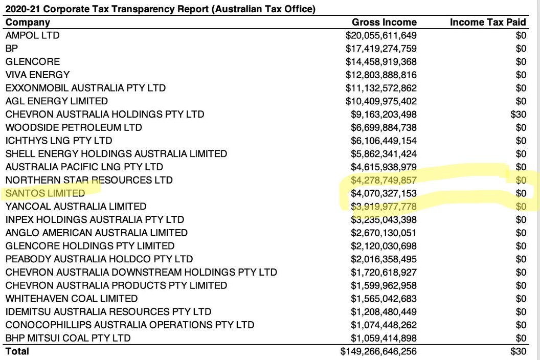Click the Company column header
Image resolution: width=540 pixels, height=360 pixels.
coord(28,22)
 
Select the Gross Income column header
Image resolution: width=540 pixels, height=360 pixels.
coord(384,22)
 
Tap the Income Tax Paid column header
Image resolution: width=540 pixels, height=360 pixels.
coord(488,22)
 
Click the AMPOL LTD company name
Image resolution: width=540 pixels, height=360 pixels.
coord(32,35)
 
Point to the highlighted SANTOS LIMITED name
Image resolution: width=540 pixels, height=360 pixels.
coord(46,193)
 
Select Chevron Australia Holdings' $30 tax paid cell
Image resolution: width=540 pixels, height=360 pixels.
coord(518,114)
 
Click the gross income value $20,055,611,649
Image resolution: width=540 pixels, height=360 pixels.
coord(381,35)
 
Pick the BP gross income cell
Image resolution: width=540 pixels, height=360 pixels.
coord(381,49)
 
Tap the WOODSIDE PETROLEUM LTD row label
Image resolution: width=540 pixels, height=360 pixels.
coord(74,127)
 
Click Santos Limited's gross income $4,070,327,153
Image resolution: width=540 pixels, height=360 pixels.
coord(384,193)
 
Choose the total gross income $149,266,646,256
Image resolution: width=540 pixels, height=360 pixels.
coord(378,351)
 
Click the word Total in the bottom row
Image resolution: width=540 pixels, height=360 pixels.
coord(17,351)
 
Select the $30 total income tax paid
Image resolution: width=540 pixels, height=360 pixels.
coord(518,351)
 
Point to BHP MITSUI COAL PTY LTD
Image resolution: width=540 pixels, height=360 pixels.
coord(68,338)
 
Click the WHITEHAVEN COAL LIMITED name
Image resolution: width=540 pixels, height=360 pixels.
coord(72,298)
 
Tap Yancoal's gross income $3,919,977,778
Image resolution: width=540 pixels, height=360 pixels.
coord(384,207)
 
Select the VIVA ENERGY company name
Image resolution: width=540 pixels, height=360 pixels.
coord(37,75)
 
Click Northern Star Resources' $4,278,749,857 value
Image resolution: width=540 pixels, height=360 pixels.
coord(384,180)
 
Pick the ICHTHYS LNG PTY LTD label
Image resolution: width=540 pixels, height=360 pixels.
coord(59,141)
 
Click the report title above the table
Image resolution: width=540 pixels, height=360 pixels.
coord(160,9)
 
